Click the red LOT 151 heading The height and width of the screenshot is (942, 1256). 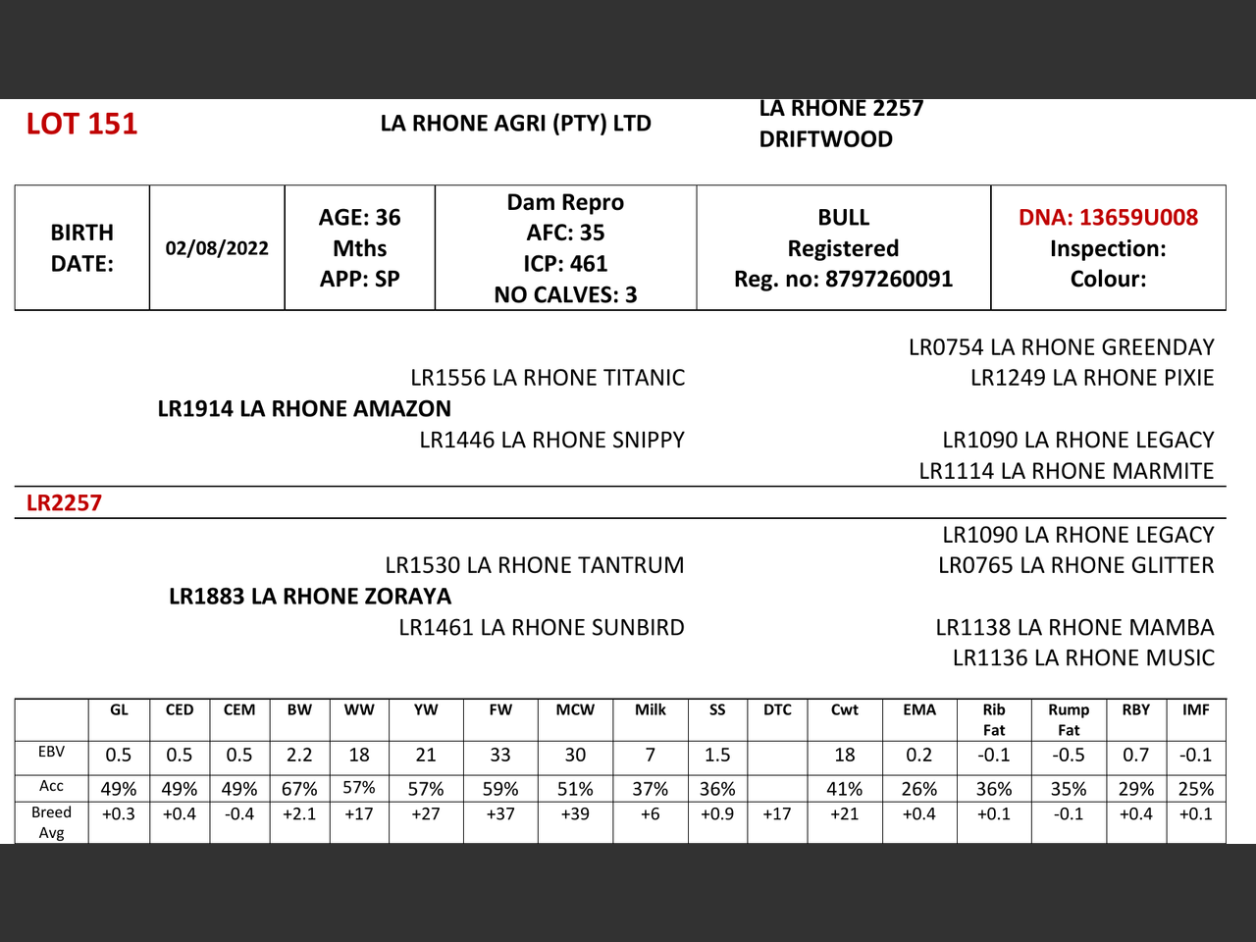tap(81, 124)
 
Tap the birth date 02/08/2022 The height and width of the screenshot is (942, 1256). tap(217, 248)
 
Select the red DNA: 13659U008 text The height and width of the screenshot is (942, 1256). tap(1108, 218)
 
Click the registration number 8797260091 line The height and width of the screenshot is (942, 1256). tap(843, 280)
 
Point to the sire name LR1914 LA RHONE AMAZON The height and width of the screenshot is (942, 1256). tap(304, 409)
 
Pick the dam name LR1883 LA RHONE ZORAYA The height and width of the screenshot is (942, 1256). tap(310, 597)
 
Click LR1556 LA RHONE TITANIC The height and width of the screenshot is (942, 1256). tap(548, 378)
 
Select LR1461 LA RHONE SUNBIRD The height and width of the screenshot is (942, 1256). tap(542, 628)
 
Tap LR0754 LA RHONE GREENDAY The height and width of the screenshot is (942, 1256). tap(1061, 347)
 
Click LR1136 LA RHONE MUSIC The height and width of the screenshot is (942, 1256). tap(1083, 658)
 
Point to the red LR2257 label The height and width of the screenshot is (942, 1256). tap(64, 503)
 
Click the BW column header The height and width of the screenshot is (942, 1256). tap(299, 710)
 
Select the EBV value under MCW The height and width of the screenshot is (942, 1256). tap(575, 756)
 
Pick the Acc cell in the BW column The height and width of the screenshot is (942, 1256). tap(299, 789)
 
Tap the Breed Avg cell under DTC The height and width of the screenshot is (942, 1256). tap(777, 814)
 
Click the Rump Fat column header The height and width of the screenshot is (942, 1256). tap(1069, 720)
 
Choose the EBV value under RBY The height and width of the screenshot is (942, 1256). tap(1136, 756)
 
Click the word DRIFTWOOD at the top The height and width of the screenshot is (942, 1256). tap(825, 139)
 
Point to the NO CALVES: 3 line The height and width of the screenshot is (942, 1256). tap(565, 295)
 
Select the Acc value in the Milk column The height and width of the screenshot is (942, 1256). tap(650, 789)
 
